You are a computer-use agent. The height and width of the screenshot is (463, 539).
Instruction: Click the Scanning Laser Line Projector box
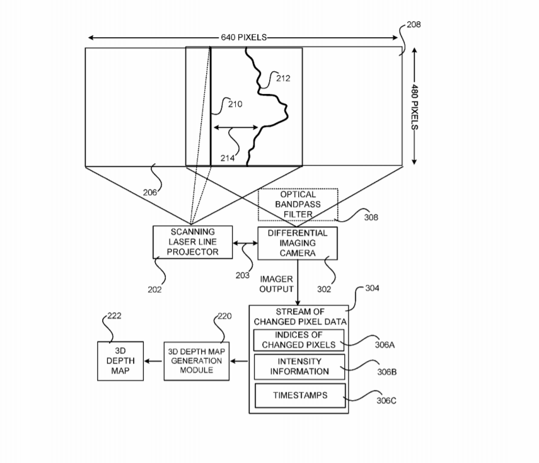click(x=193, y=243)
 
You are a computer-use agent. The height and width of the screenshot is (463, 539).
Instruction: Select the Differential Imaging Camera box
click(x=298, y=243)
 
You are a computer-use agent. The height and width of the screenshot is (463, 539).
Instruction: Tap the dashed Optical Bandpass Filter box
click(x=298, y=204)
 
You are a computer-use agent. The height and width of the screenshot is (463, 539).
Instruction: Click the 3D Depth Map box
click(x=120, y=361)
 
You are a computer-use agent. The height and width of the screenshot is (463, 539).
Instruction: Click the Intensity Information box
click(x=299, y=367)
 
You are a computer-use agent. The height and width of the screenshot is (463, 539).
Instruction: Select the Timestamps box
click(x=299, y=396)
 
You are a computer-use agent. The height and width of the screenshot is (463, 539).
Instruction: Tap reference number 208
click(x=414, y=25)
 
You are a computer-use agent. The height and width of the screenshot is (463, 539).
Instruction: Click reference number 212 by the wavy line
click(x=283, y=78)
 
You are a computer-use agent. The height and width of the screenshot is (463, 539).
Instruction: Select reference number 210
click(x=234, y=104)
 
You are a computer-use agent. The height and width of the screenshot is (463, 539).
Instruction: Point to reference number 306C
click(x=386, y=401)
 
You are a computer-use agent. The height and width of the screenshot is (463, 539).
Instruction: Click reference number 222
click(x=114, y=316)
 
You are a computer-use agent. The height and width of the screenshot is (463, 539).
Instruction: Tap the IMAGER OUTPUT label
click(x=277, y=283)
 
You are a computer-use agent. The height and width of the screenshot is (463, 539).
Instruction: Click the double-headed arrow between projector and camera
click(x=246, y=243)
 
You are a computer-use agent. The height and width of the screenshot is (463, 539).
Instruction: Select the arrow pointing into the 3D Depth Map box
click(x=154, y=361)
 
